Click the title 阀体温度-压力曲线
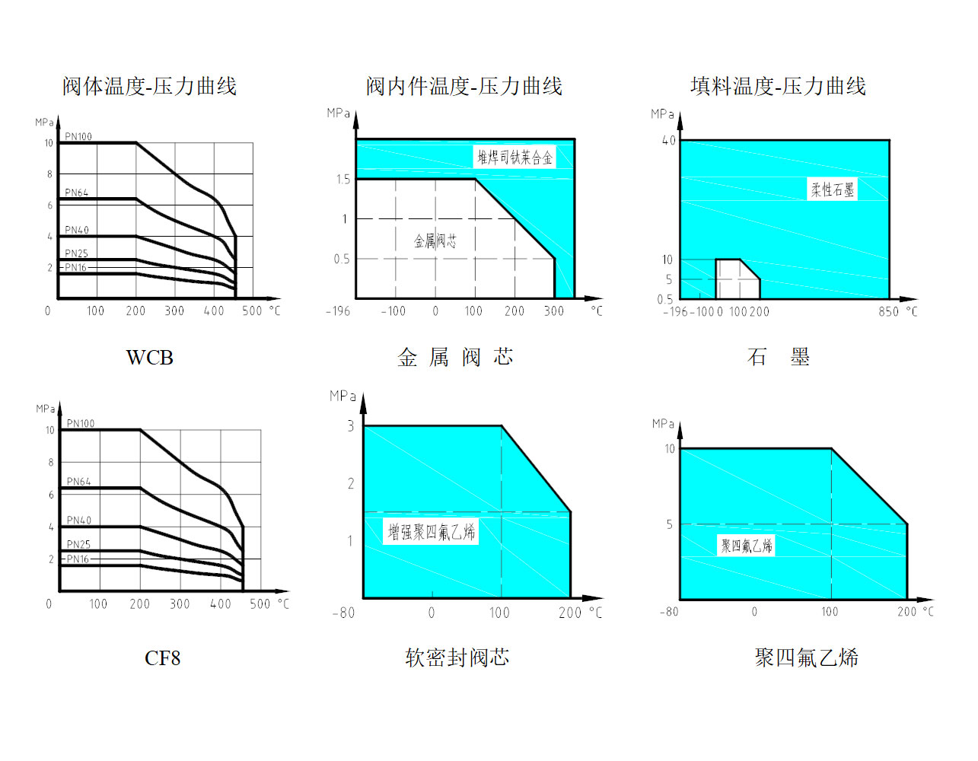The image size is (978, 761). click(149, 86)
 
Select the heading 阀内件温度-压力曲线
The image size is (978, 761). click(464, 86)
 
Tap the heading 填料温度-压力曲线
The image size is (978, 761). click(778, 86)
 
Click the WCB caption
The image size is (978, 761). click(149, 358)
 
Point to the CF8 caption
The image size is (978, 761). click(162, 658)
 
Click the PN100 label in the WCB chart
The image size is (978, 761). click(78, 136)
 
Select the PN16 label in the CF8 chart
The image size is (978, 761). click(78, 559)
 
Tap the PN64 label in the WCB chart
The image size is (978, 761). click(77, 193)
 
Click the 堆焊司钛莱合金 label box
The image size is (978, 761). click(514, 157)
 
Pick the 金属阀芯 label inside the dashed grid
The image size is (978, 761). click(435, 241)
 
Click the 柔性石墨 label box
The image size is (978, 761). click(832, 189)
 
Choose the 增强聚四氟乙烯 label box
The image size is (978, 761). click(431, 532)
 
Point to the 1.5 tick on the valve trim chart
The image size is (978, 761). click(343, 180)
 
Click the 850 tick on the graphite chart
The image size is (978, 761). click(888, 311)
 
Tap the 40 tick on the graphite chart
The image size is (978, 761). click(669, 141)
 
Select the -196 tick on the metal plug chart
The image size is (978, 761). click(338, 311)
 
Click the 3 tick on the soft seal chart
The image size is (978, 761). click(351, 425)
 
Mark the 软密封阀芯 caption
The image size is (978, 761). click(457, 658)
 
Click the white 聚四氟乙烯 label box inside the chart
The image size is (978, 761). click(746, 546)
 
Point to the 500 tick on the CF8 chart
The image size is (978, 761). click(260, 604)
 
